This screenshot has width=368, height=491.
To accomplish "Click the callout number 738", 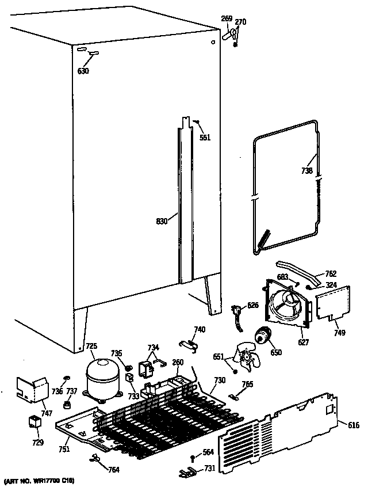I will [306, 171].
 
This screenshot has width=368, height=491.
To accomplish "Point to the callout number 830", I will [163, 220].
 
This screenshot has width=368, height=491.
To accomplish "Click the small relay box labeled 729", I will [34, 421].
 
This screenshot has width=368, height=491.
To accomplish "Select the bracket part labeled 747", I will [32, 390].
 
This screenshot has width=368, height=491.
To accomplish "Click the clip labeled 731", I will [188, 472].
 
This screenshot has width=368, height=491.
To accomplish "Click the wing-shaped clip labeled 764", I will [95, 458].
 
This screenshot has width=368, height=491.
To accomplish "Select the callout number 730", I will [219, 380].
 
